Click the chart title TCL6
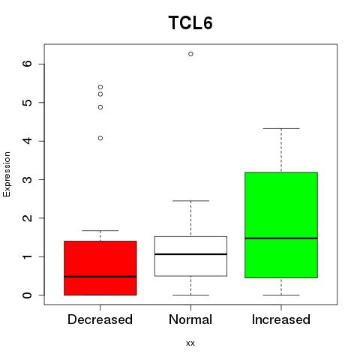(190, 22)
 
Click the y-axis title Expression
(7, 174)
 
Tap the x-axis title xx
(190, 343)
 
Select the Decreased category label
(100, 319)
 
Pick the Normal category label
(190, 319)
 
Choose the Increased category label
(281, 319)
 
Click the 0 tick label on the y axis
(28, 295)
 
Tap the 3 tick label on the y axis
(28, 179)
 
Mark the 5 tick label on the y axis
(28, 103)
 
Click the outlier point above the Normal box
(190, 54)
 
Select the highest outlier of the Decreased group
(100, 87)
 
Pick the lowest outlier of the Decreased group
(100, 138)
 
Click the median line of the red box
(100, 277)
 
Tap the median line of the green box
(281, 238)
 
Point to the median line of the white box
(190, 254)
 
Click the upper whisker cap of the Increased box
(281, 128)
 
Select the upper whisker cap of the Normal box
(190, 201)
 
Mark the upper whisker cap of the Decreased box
(100, 230)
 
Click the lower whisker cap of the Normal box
(190, 295)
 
